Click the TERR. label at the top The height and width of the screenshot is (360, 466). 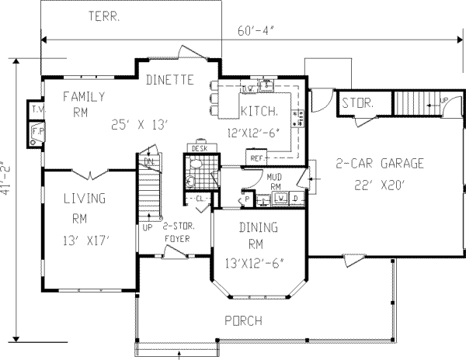[103, 16]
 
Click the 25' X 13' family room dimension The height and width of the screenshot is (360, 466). [140, 123]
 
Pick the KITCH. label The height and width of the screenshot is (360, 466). [259, 110]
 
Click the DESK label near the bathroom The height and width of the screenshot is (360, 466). [198, 147]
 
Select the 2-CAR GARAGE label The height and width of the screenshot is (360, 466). [379, 164]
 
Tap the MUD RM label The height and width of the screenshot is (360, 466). [273, 181]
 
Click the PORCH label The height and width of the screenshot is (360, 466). [243, 320]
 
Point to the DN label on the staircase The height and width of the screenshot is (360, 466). [148, 161]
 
